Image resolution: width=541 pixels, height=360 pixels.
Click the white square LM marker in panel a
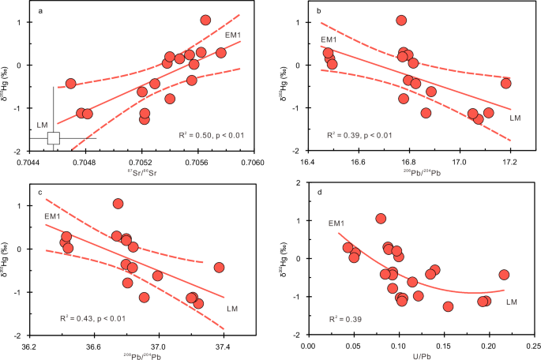(53, 138)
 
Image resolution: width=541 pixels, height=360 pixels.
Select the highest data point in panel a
(205, 21)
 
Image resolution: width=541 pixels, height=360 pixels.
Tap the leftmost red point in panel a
(70, 83)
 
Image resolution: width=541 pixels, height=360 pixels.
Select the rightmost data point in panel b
(505, 83)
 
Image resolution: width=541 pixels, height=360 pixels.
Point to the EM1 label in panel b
(329, 39)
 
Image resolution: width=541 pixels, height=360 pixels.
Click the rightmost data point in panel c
(219, 268)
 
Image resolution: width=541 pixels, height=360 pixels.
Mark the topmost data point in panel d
(381, 219)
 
